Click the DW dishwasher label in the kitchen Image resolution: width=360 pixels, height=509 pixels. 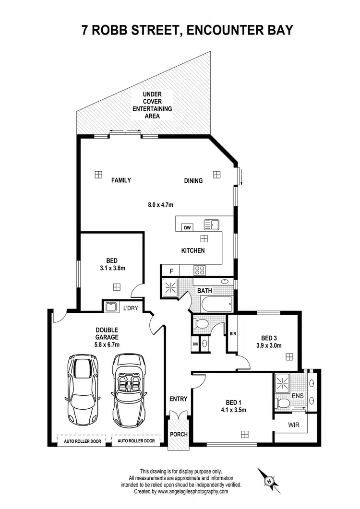pos(188,228)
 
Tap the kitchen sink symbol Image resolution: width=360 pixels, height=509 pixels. pos(211,224)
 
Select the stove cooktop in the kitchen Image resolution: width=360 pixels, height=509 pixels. pos(199,270)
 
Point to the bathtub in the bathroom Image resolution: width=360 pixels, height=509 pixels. pos(217,304)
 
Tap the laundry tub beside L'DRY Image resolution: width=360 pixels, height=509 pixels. pos(111,307)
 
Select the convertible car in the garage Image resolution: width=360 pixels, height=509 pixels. pos(128,390)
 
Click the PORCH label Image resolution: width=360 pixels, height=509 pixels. pos(178,435)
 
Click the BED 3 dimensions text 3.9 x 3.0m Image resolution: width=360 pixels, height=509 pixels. pos(269,345)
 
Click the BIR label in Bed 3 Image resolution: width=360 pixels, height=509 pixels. pos(233,333)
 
